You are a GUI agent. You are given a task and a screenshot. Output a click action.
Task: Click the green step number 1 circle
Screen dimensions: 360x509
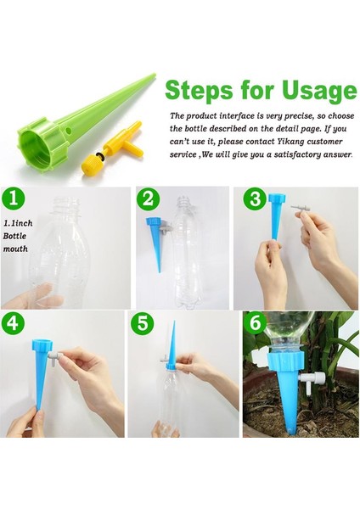point(14,198)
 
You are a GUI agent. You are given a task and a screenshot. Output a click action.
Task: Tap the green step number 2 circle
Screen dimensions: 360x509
point(148,198)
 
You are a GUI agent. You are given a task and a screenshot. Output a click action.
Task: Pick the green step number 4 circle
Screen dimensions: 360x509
point(13,322)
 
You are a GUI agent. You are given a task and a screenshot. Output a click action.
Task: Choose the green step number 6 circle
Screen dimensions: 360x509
point(256,322)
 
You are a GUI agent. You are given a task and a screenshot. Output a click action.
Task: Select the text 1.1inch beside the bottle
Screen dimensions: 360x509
point(18,223)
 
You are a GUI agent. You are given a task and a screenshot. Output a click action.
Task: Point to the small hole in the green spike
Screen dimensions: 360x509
point(69,131)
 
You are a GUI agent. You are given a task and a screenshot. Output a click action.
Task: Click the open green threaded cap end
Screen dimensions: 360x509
point(35,143)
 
